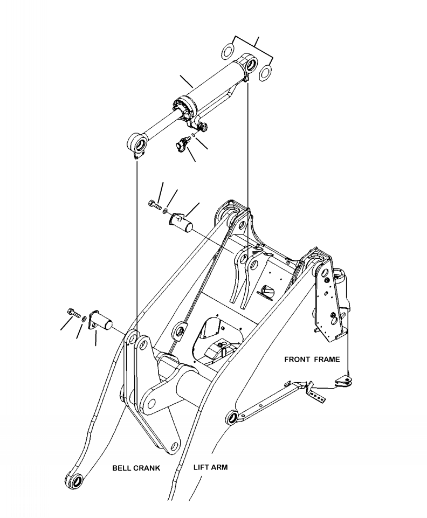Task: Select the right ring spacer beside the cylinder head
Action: (x=265, y=72)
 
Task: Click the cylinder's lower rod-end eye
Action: (x=137, y=144)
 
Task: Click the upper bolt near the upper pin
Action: (x=154, y=204)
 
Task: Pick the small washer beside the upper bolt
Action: (x=166, y=211)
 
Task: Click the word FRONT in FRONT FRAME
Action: (x=298, y=358)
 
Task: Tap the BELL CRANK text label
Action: (x=135, y=468)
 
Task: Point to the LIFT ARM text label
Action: (x=210, y=467)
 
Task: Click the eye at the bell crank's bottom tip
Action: (x=74, y=481)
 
